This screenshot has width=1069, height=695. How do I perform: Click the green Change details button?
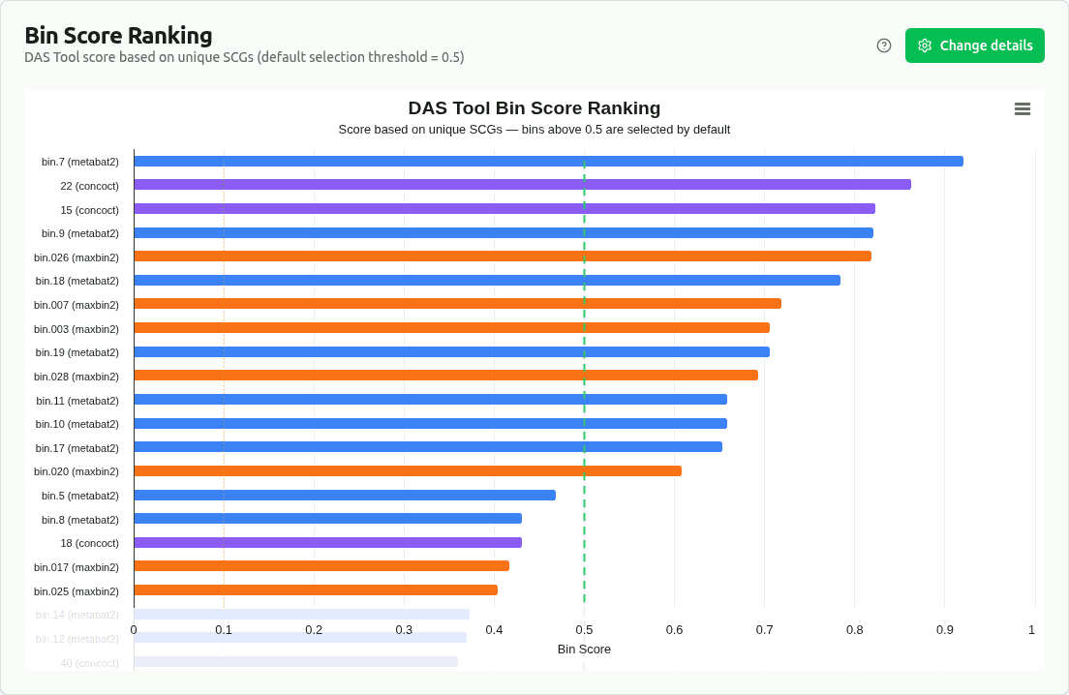974,45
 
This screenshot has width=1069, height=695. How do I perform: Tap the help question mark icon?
884,45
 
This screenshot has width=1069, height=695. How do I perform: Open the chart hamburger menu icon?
1022,109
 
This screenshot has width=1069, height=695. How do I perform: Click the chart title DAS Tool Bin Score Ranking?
534,108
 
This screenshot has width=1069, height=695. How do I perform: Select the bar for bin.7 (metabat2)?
548,162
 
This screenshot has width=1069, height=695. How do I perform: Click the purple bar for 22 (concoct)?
522,185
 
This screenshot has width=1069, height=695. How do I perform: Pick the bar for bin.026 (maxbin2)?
503,257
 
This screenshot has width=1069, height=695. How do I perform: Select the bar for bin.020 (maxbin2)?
408,471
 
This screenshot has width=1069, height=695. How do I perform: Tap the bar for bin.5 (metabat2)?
345,496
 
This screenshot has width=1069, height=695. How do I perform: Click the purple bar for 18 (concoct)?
327,543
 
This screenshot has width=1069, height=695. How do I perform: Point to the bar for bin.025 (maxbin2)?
316,590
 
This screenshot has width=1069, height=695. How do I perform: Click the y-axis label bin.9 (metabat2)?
80,233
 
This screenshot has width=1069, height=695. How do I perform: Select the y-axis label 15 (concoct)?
89,210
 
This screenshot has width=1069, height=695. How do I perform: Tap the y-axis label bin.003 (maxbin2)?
76,329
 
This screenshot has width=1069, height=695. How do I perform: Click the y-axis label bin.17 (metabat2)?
77,448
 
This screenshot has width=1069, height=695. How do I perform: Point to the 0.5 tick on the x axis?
584,630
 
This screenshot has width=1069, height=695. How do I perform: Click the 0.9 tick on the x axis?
944,630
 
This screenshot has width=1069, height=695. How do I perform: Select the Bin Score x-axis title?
584,650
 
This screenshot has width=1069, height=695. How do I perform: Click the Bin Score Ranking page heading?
118,36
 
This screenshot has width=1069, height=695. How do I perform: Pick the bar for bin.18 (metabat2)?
487,281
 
